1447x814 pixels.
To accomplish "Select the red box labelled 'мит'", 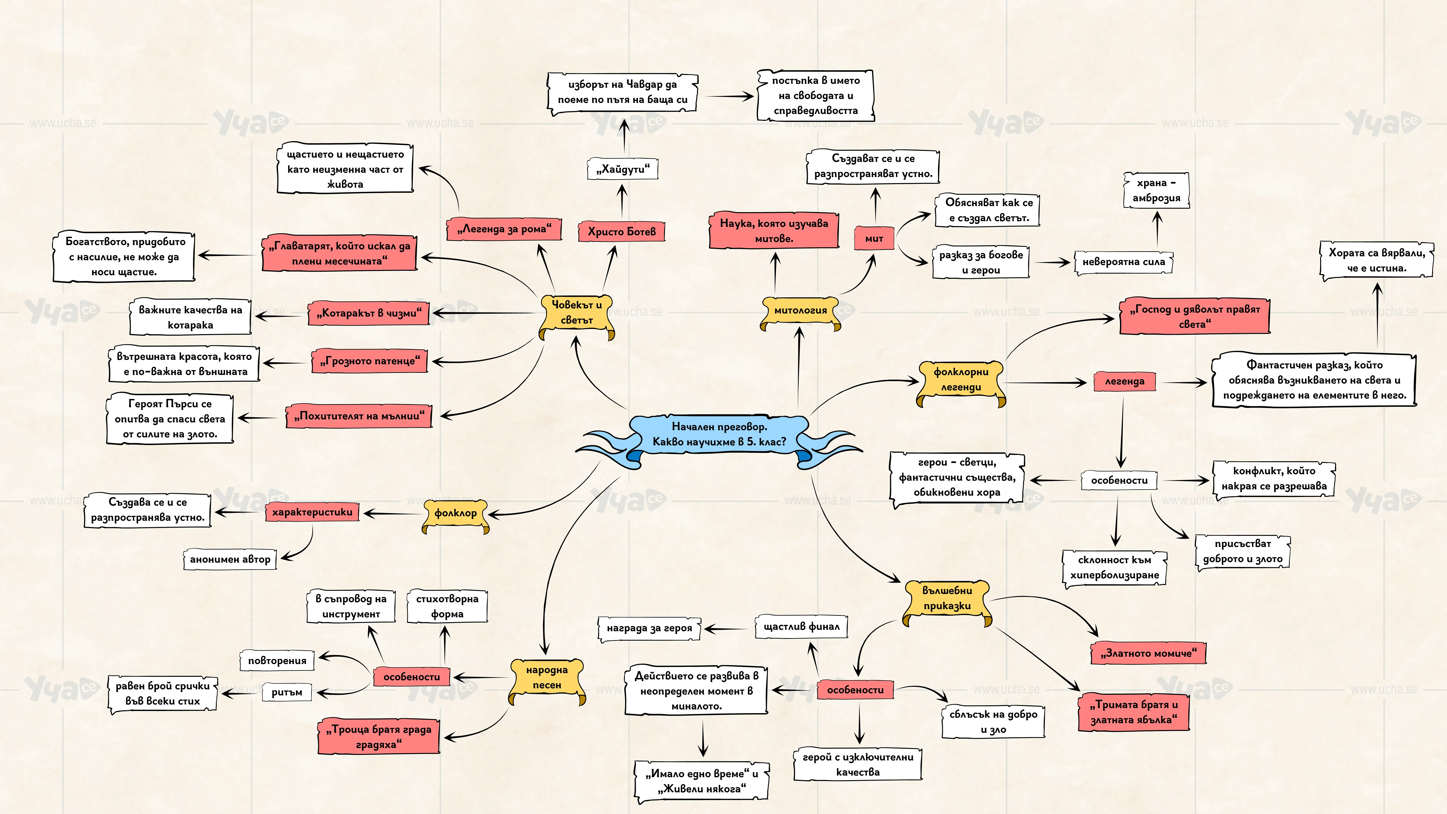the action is (874, 238).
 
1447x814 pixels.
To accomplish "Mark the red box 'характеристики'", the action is (312, 512).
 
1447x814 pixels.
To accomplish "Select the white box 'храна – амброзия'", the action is (1156, 190).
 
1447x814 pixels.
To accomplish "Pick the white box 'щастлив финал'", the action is (800, 626).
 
